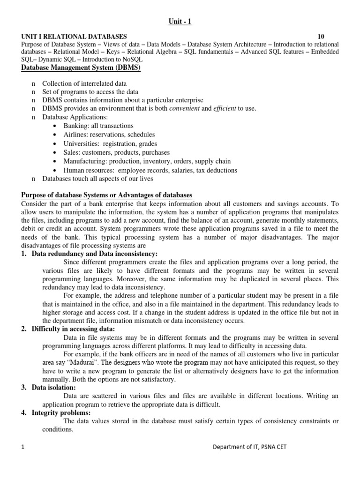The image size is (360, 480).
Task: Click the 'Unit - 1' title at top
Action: pos(180,22)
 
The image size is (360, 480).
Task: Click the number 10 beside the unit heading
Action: pos(320,36)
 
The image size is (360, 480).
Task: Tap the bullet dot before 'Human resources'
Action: pos(56,170)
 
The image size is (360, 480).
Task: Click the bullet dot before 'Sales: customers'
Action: pos(56,152)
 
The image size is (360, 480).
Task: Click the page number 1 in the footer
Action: pos(22,447)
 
